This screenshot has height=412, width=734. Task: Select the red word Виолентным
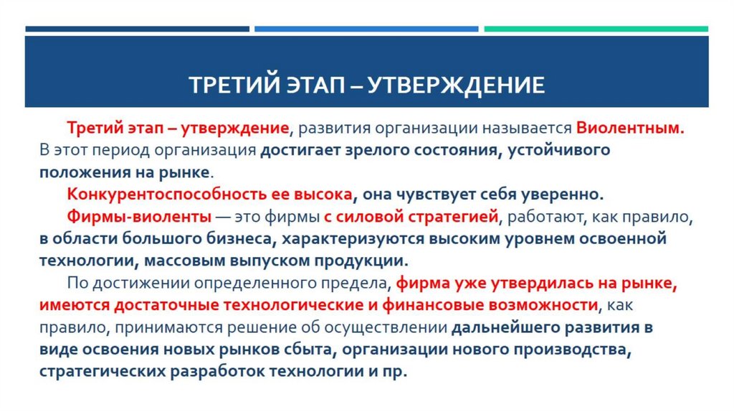631,130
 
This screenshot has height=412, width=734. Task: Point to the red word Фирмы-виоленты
139,216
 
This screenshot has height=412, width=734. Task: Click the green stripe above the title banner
596,29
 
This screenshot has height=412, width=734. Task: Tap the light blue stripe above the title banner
366,29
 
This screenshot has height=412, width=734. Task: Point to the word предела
356,283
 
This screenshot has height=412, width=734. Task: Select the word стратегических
98,372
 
